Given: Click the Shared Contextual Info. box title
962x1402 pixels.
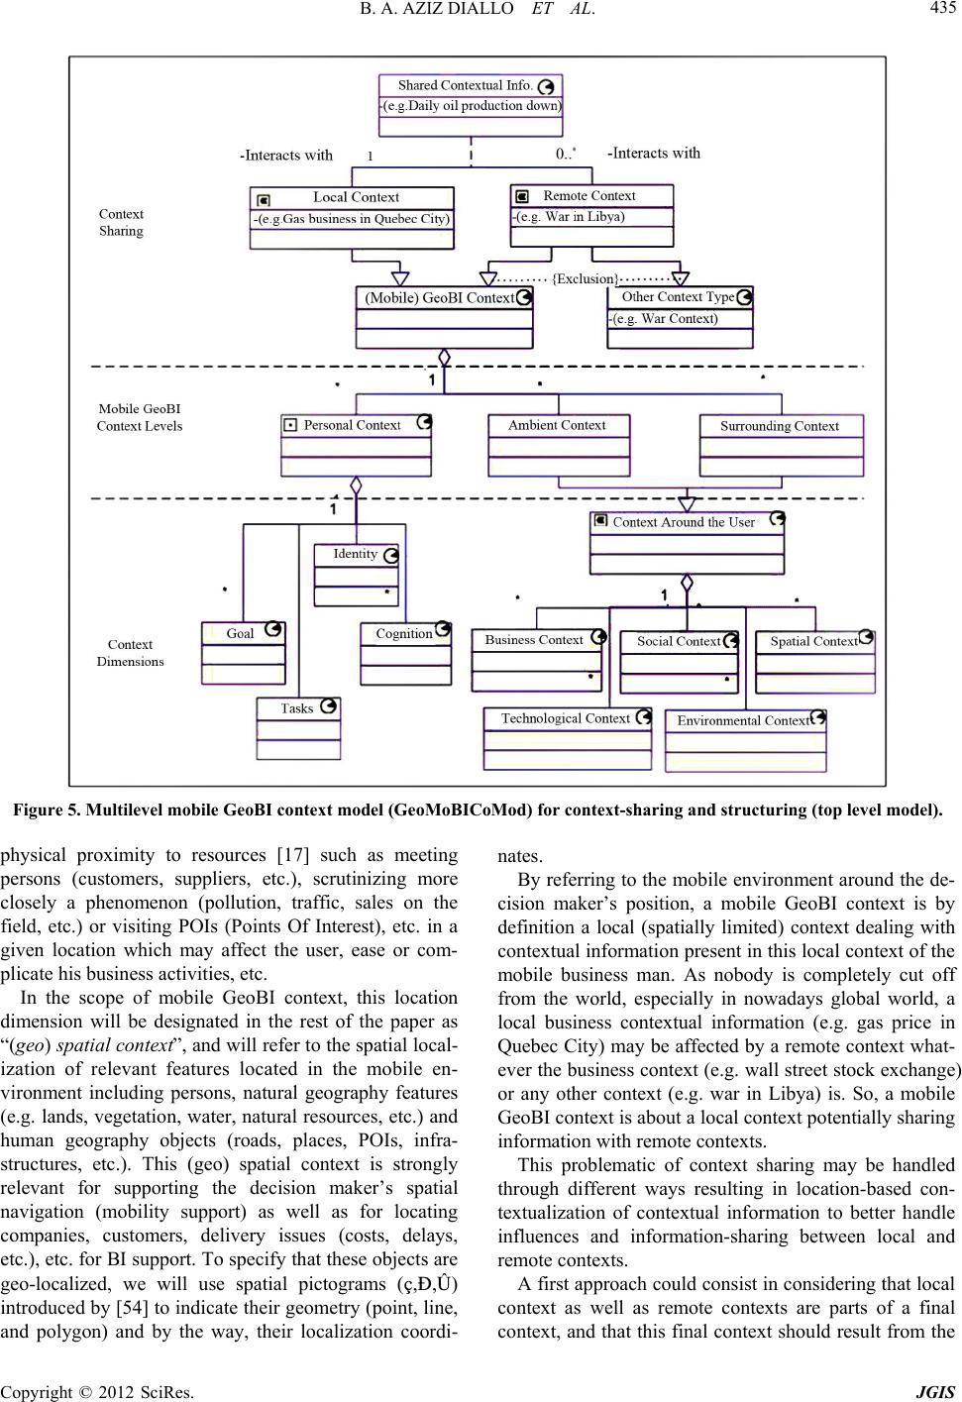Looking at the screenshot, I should pos(465,85).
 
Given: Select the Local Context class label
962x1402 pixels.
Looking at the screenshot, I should pos(356,197).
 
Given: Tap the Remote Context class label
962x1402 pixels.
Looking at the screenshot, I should pos(588,195).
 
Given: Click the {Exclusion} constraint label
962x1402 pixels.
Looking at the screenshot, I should pos(586,278).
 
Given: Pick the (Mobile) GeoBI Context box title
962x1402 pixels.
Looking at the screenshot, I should pos(440,297).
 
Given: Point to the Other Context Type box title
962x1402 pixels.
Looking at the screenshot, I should pos(678,296).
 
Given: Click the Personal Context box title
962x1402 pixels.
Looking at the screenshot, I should pos(352,425).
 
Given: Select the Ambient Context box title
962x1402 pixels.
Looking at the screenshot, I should pos(557,425).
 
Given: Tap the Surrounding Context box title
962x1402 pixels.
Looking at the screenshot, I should pos(779,426).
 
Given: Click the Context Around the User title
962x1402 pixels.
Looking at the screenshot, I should pos(684,522).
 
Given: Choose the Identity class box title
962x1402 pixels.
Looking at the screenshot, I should pos(355,554).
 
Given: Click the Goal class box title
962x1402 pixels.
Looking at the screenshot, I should pos(240,633).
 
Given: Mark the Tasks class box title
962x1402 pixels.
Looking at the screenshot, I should pos(296,708).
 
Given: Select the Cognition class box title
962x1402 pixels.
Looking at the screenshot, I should pos(403,633).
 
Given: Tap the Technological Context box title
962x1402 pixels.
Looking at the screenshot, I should pos(565,718).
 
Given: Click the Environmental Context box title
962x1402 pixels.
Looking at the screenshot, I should pos(743,720).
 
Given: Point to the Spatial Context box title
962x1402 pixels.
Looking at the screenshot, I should pos(813,641).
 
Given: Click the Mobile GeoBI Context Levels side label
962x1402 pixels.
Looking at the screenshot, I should pos(139,417).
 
